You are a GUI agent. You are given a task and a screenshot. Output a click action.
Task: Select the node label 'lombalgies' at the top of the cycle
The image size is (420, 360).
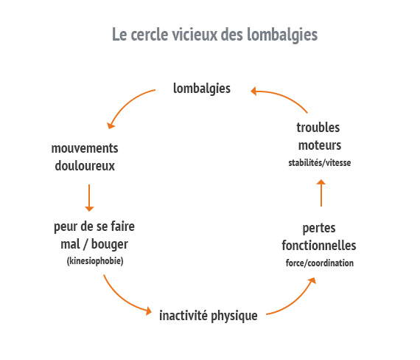coord(202,89)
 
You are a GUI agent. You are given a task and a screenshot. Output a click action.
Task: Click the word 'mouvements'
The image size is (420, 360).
coord(85,148)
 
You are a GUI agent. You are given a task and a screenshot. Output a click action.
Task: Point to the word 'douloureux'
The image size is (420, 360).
coord(85,166)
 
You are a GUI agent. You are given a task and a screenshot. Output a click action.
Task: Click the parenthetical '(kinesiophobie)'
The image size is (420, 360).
coord(95,260)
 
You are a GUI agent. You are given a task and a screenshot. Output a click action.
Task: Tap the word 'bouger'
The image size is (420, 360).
coord(110,245)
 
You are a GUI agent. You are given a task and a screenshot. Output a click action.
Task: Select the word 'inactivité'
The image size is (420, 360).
coord(183,315)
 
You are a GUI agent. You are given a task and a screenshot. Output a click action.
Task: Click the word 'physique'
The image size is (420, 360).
coord(234,316)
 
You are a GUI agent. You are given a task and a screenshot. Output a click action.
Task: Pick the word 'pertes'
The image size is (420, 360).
coord(319,229)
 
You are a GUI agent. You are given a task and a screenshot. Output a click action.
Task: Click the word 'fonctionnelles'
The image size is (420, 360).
coord(319,246)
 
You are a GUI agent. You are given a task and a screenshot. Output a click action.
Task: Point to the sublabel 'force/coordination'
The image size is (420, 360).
coord(320,263)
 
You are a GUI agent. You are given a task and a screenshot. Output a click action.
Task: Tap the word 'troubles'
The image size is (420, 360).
coord(318,128)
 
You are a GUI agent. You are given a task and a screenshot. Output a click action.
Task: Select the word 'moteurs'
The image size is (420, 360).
coord(320,145)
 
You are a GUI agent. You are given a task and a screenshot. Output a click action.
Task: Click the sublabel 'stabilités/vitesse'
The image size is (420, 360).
coord(320,162)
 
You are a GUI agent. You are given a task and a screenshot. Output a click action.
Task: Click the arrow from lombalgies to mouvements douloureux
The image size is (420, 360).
coord(126,103)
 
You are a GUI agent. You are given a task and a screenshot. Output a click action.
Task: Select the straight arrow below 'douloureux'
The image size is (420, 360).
coord(89,198)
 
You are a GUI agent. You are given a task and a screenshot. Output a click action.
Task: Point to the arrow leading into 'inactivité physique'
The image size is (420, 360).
coord(122,299)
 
